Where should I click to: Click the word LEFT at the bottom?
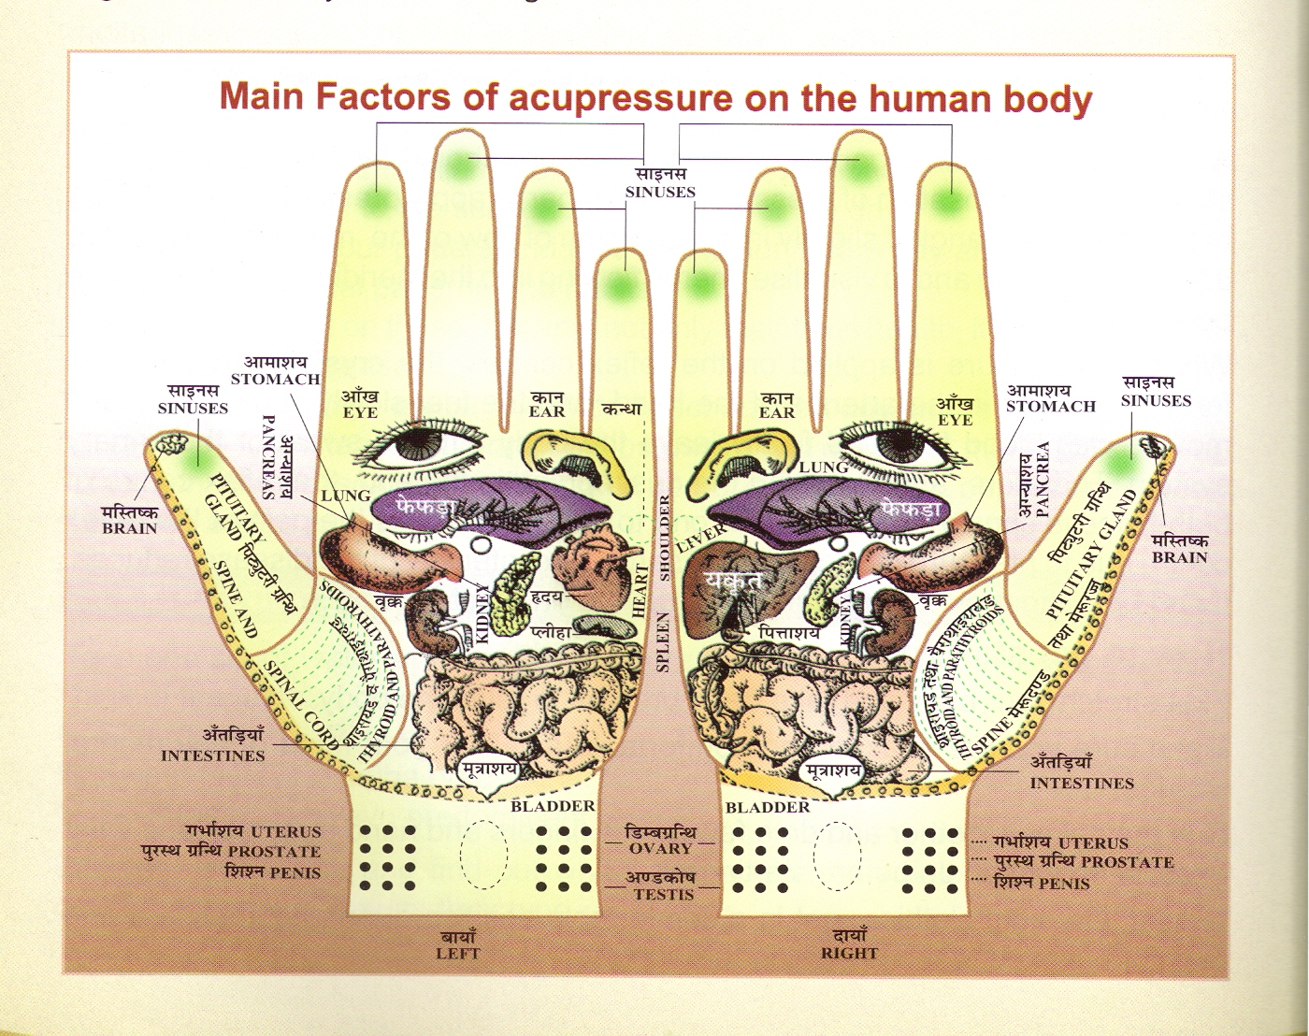[x=457, y=954]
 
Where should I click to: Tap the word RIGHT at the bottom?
[x=849, y=954]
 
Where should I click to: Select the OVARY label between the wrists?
[x=660, y=848]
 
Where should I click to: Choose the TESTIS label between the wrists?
[x=664, y=894]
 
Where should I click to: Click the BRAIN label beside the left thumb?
[x=130, y=528]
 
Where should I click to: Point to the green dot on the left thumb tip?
[x=197, y=458]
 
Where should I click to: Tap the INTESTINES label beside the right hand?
[x=1082, y=784]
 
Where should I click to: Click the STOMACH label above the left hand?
[x=275, y=380]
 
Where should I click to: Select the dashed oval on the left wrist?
[x=484, y=852]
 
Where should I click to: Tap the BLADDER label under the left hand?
[x=552, y=806]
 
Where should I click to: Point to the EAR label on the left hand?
[x=547, y=410]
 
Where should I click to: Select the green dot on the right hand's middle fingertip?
[x=860, y=166]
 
